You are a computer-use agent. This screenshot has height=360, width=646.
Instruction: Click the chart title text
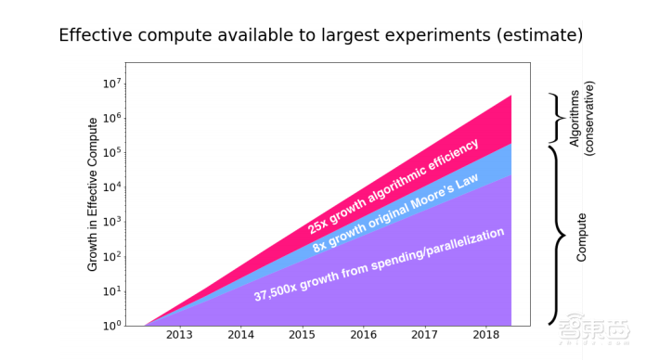321,35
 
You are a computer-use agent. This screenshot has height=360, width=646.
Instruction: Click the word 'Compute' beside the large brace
581,237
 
